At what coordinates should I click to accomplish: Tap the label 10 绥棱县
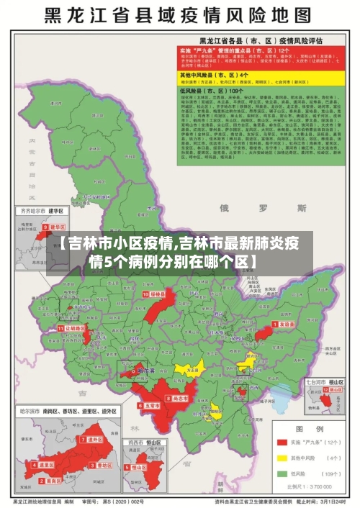155,294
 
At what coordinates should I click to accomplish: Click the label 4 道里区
45,465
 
